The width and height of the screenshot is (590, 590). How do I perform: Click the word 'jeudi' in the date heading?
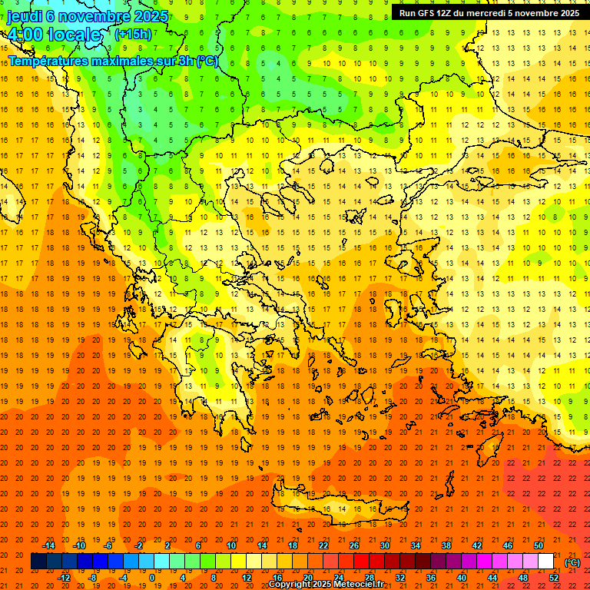pyautogui.click(x=24, y=16)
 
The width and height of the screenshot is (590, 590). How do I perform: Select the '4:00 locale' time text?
pyautogui.click(x=54, y=35)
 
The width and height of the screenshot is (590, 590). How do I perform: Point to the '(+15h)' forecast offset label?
pyautogui.click(x=133, y=35)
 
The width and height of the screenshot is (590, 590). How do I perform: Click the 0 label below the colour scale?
pyautogui.click(x=151, y=577)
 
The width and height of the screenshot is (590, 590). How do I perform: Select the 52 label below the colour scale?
pyautogui.click(x=554, y=577)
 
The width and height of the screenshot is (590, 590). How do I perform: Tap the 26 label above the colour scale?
pyautogui.click(x=353, y=545)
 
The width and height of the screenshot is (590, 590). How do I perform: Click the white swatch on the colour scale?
pyautogui.click(x=545, y=562)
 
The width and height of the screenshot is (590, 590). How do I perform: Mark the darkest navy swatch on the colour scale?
pyautogui.click(x=38, y=562)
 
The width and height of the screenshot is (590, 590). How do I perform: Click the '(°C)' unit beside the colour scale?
pyautogui.click(x=572, y=562)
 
